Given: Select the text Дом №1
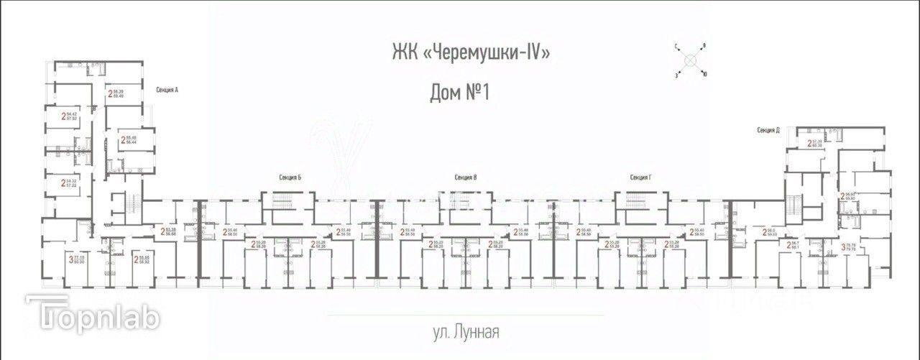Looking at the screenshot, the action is pyautogui.click(x=459, y=93).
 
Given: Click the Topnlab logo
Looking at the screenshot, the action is pyautogui.click(x=93, y=315).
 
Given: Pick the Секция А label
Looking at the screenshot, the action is pyautogui.click(x=166, y=90).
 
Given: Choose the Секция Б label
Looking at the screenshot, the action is pyautogui.click(x=290, y=177).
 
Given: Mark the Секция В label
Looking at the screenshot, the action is pyautogui.click(x=466, y=177).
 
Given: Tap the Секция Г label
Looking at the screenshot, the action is pyautogui.click(x=640, y=177).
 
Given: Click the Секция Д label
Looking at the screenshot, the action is pyautogui.click(x=768, y=130).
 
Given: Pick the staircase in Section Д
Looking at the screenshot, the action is pyautogui.click(x=794, y=204).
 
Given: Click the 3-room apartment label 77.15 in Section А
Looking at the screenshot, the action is pyautogui.click(x=76, y=259).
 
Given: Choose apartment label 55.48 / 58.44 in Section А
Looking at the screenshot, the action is pyautogui.click(x=132, y=139).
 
